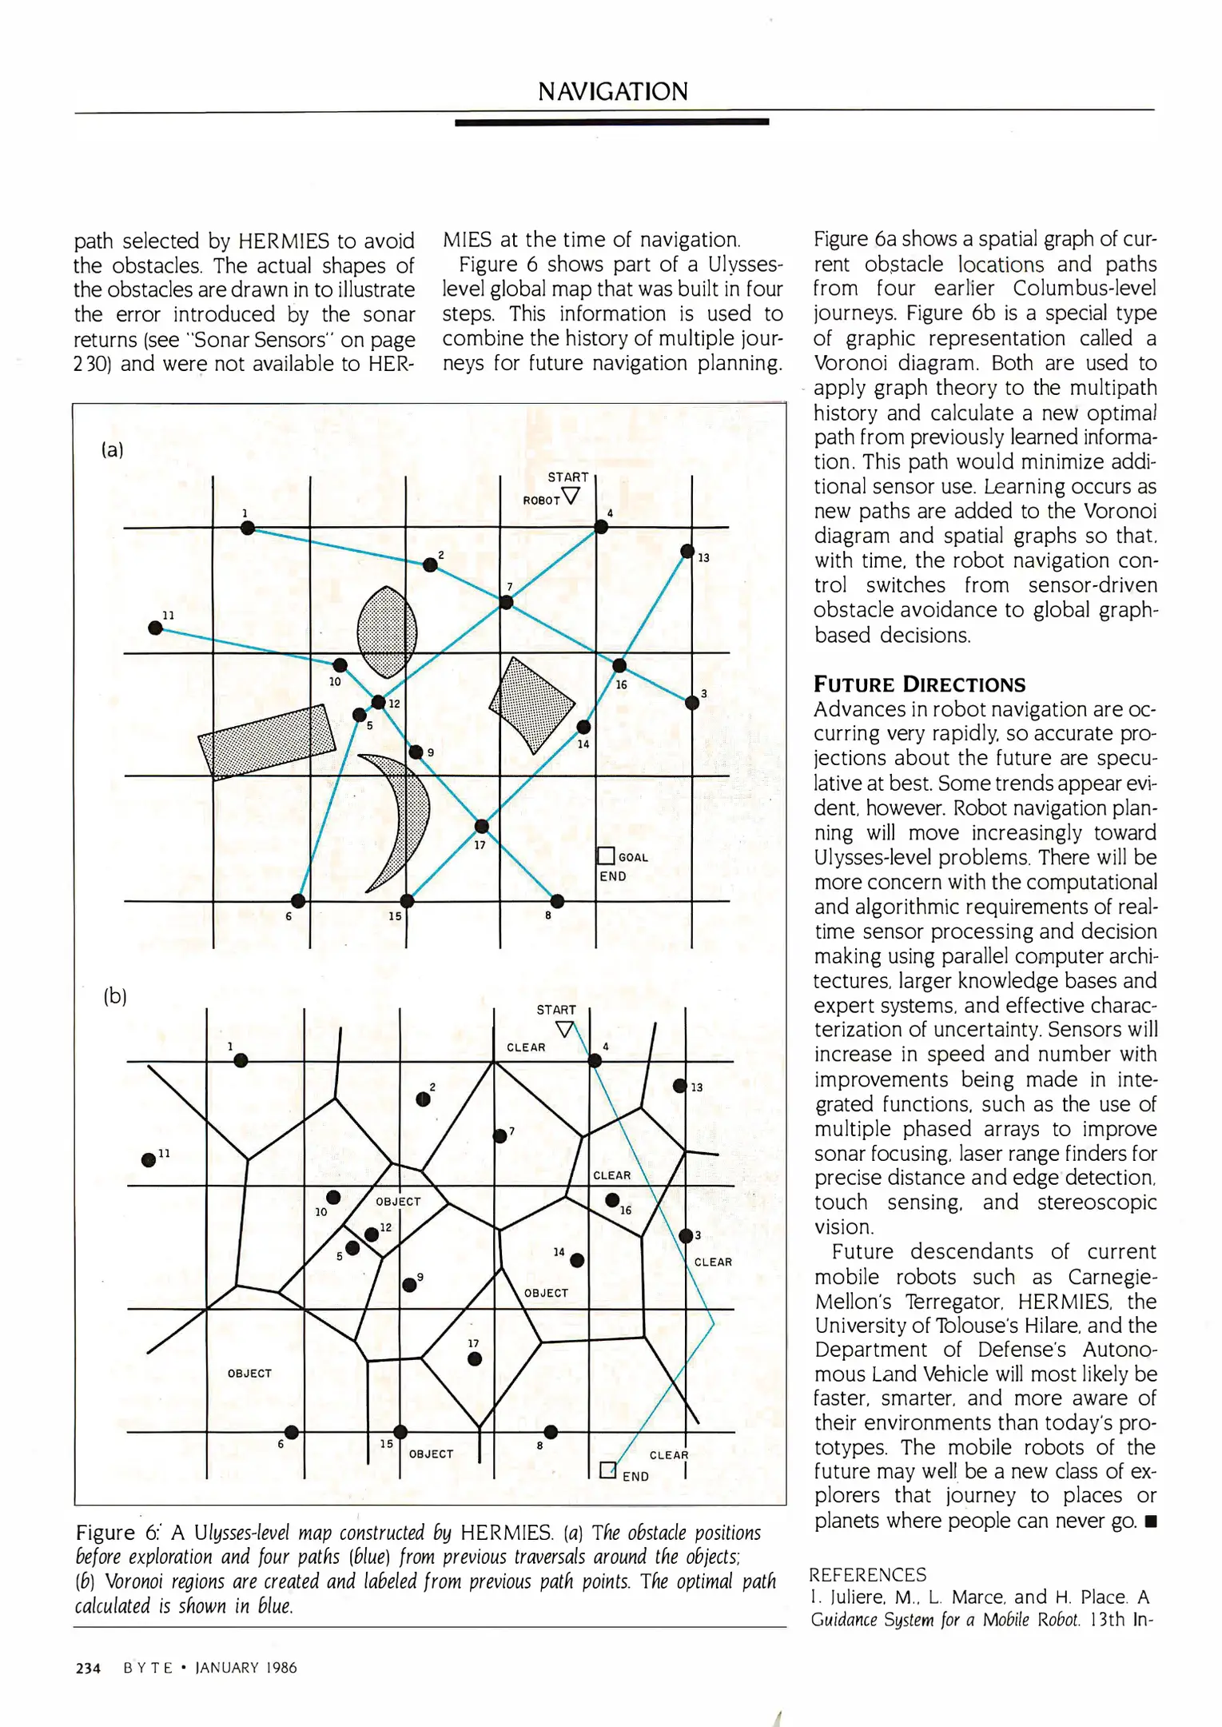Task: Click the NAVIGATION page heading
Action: (x=612, y=92)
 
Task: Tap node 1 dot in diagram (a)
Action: (x=248, y=528)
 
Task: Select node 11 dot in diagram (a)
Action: (x=156, y=628)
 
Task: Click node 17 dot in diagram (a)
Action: (x=481, y=826)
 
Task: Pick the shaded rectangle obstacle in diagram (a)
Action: (x=266, y=740)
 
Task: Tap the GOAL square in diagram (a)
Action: (x=606, y=856)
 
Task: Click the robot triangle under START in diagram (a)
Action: (x=571, y=496)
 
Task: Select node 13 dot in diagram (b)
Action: (x=679, y=1085)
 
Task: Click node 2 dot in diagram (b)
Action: (x=424, y=1099)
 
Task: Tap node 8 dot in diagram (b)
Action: (x=551, y=1431)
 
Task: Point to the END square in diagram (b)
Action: (x=607, y=1470)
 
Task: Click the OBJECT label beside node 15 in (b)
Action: (x=431, y=1454)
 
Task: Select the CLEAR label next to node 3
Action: (x=713, y=1262)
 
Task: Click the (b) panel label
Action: (x=115, y=996)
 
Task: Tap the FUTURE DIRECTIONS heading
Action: (x=919, y=684)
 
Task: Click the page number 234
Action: (x=88, y=1668)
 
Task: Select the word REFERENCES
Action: (x=867, y=1574)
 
